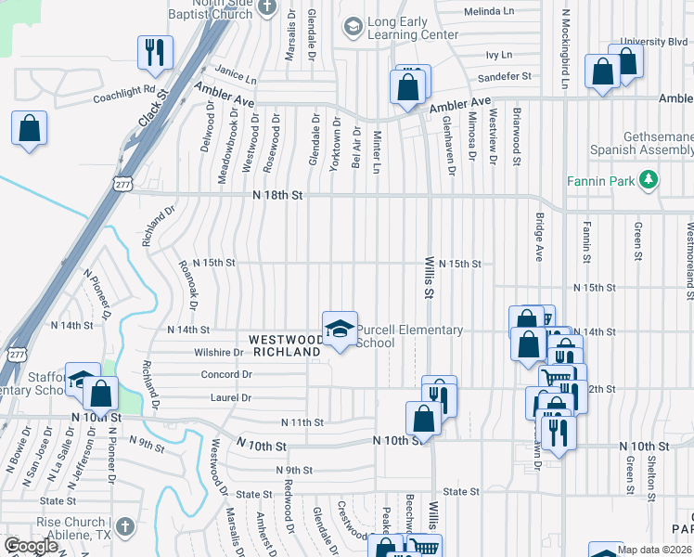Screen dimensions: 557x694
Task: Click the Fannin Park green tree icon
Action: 650,179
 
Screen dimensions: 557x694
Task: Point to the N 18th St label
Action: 277,195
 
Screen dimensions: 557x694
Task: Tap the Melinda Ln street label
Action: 495,11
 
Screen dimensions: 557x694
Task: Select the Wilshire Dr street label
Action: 218,353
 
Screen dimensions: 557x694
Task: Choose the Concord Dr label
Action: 226,374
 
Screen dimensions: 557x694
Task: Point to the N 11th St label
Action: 302,422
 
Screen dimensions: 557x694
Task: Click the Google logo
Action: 32,546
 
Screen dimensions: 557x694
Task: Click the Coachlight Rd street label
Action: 123,95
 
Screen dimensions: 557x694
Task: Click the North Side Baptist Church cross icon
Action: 268,6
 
